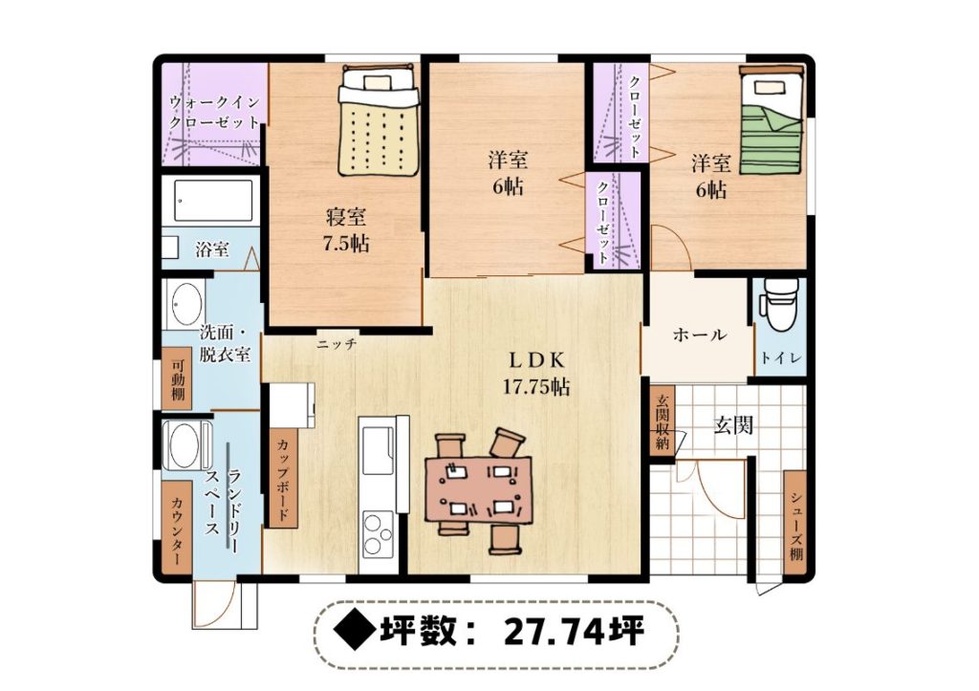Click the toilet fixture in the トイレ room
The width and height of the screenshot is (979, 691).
pos(778,305)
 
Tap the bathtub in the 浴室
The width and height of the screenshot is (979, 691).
pos(213,200)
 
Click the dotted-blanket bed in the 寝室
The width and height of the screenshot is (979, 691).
pos(378,119)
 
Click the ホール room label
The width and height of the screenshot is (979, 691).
pos(699,335)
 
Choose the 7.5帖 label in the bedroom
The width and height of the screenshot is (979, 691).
pos(345,243)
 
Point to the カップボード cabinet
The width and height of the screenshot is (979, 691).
pos(283,479)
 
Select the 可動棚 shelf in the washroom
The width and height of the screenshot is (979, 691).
pos(177,379)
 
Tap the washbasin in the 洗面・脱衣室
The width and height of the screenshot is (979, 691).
pos(185,304)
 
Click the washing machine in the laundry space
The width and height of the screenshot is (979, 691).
pos(185,445)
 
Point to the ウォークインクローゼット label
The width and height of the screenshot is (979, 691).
pos(213,112)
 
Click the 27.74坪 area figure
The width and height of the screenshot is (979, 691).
pos(574,633)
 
